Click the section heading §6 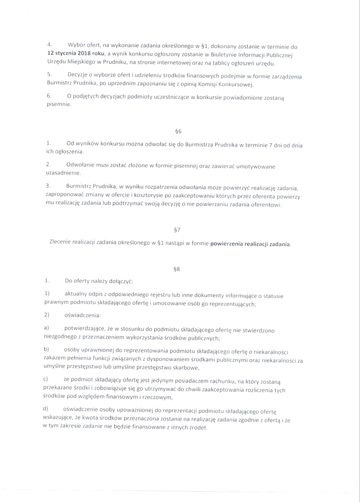point(178,131)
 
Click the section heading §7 point(178,229)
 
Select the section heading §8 point(177,269)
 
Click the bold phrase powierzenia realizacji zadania point(250,244)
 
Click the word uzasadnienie point(64,173)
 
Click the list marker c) point(47,379)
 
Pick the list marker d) point(47,408)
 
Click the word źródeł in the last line point(196,427)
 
